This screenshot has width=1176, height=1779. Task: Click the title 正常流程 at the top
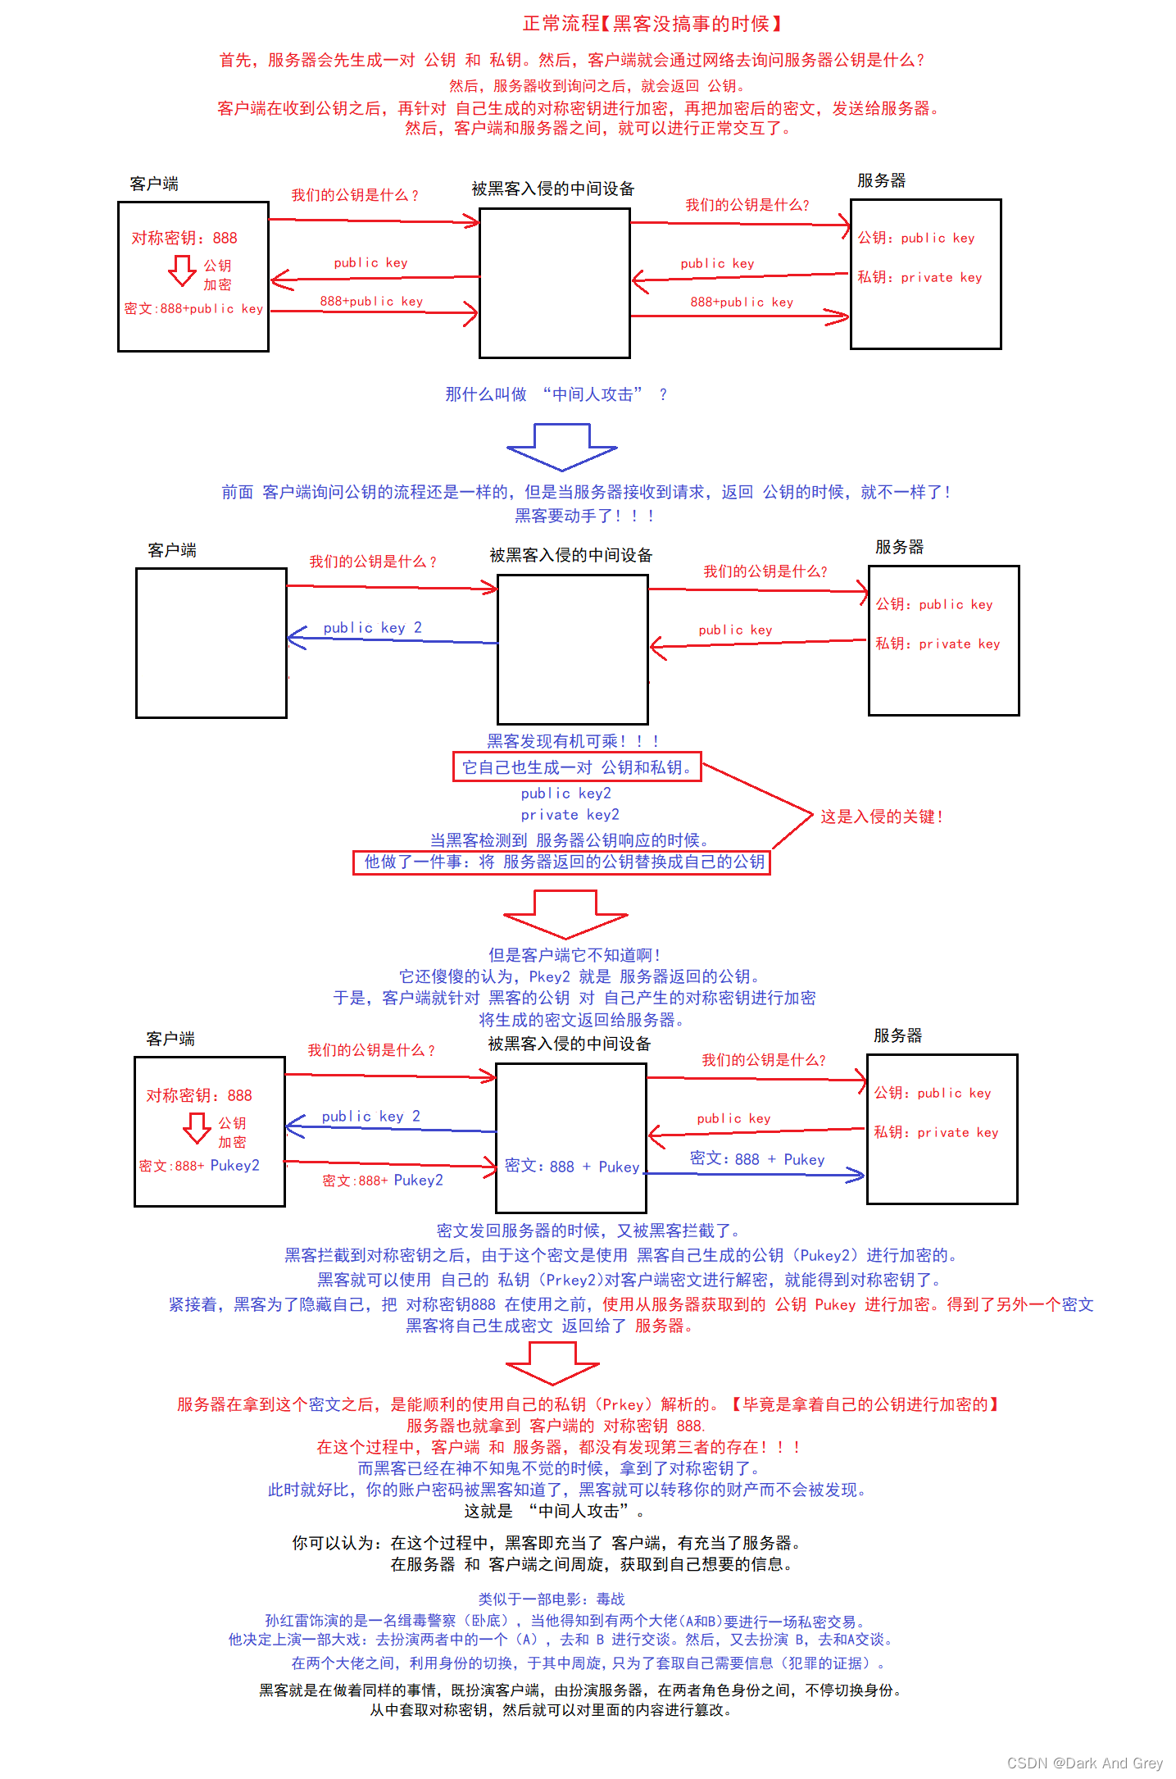point(561,24)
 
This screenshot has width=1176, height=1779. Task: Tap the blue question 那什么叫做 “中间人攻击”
point(556,394)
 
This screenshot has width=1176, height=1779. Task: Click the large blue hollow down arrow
point(562,447)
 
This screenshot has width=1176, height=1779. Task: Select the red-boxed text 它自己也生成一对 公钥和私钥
point(577,767)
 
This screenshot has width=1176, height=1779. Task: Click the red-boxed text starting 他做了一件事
point(561,862)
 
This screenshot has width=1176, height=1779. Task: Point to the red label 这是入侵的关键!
point(882,817)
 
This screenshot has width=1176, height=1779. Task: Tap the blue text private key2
point(570,815)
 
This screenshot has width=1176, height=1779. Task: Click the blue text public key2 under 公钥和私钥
point(565,794)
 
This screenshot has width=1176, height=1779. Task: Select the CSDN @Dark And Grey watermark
point(1085,1763)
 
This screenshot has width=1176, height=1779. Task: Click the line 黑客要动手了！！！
point(584,516)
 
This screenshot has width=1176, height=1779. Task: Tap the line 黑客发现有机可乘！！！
point(573,741)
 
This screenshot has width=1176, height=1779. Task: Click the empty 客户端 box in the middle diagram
point(211,644)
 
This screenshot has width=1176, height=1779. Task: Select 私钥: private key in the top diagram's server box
point(919,277)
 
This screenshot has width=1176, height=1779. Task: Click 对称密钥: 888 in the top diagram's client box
point(184,238)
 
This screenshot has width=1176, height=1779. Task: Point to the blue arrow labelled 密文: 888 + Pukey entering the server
point(755,1175)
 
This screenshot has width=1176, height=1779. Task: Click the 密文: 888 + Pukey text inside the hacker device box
point(572,1167)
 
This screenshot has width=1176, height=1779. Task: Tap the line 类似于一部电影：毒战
point(552,1599)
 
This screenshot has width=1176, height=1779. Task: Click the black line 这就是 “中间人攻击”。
point(554,1511)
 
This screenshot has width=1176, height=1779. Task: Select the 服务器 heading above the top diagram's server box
point(882,180)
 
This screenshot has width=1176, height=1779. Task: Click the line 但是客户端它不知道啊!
point(574,955)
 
